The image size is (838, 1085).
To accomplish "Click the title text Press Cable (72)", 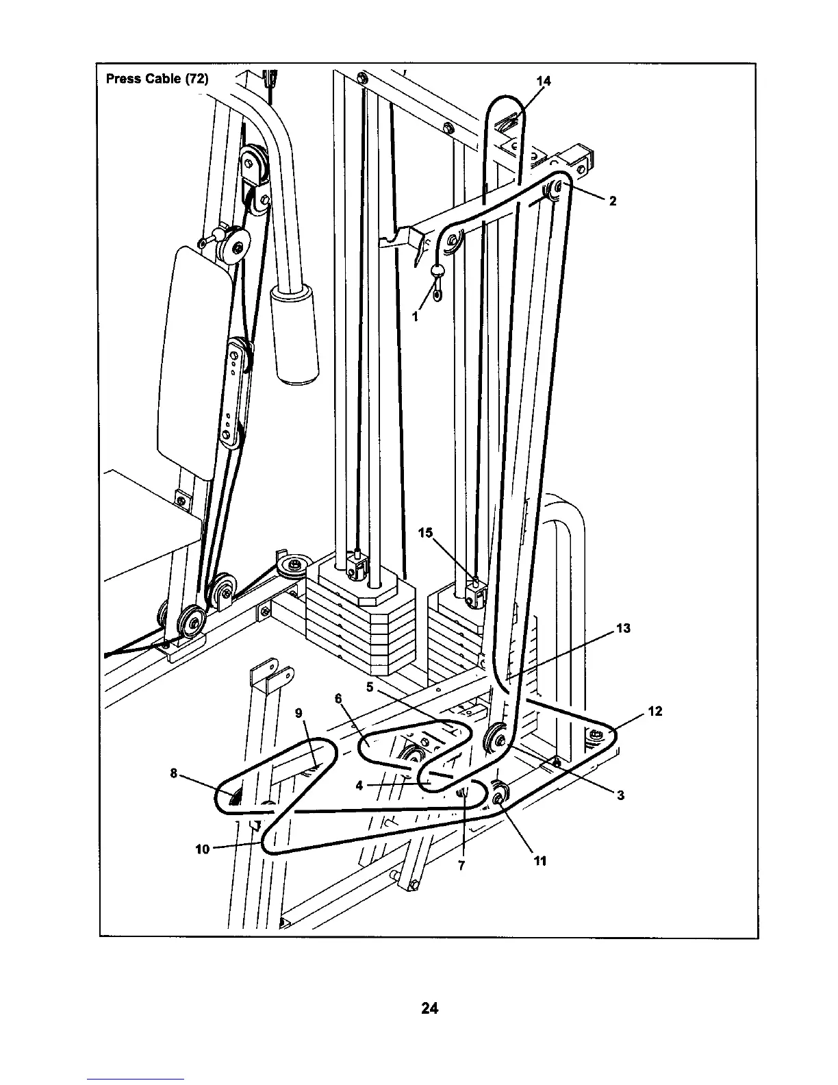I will point(157,78).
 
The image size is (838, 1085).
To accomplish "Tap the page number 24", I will point(430,1008).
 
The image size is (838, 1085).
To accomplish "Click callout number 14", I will point(543,81).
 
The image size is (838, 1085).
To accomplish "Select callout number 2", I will point(613,201).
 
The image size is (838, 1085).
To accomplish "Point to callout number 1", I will point(415,316).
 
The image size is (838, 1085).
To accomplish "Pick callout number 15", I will point(427,532).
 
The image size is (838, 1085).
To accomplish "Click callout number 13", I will point(623,627).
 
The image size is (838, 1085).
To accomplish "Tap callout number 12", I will point(655,711).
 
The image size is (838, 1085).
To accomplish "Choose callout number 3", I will point(620,795).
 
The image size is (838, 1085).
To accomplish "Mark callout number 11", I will point(540,861).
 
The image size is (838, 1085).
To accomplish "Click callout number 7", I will point(461,865).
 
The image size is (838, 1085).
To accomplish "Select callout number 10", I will point(203,849).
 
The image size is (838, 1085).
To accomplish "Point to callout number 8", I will point(174,773).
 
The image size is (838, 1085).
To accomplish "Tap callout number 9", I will point(299,712).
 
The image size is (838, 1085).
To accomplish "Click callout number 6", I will point(338,698).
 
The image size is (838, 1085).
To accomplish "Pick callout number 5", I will point(370,686).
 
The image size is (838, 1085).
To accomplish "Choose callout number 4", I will point(359,786).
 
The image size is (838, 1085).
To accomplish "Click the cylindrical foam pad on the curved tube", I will point(296,332).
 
